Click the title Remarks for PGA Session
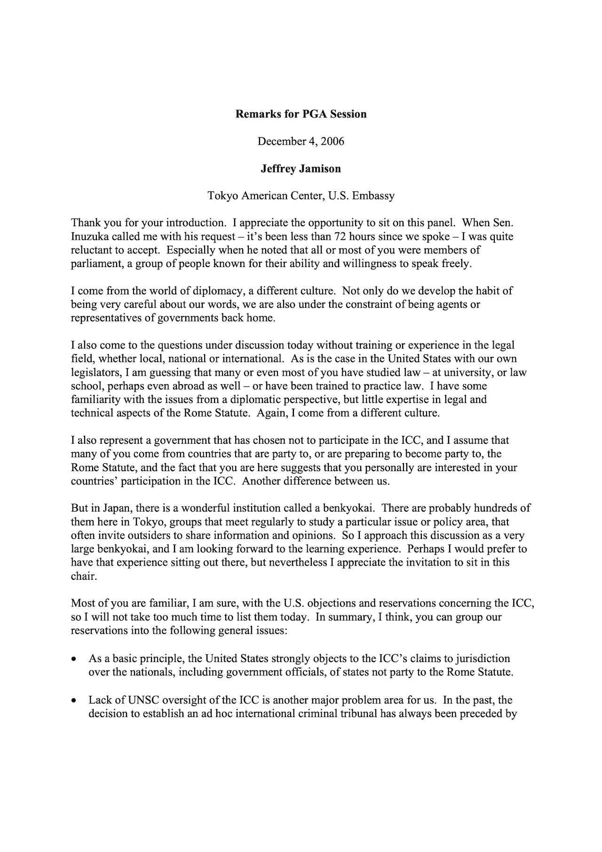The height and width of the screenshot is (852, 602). click(x=301, y=114)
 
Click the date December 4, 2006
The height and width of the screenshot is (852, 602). click(x=301, y=142)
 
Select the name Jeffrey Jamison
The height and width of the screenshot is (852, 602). click(x=301, y=169)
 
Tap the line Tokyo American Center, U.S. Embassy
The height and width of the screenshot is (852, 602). click(x=301, y=196)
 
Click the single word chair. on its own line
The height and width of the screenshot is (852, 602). click(x=84, y=576)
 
